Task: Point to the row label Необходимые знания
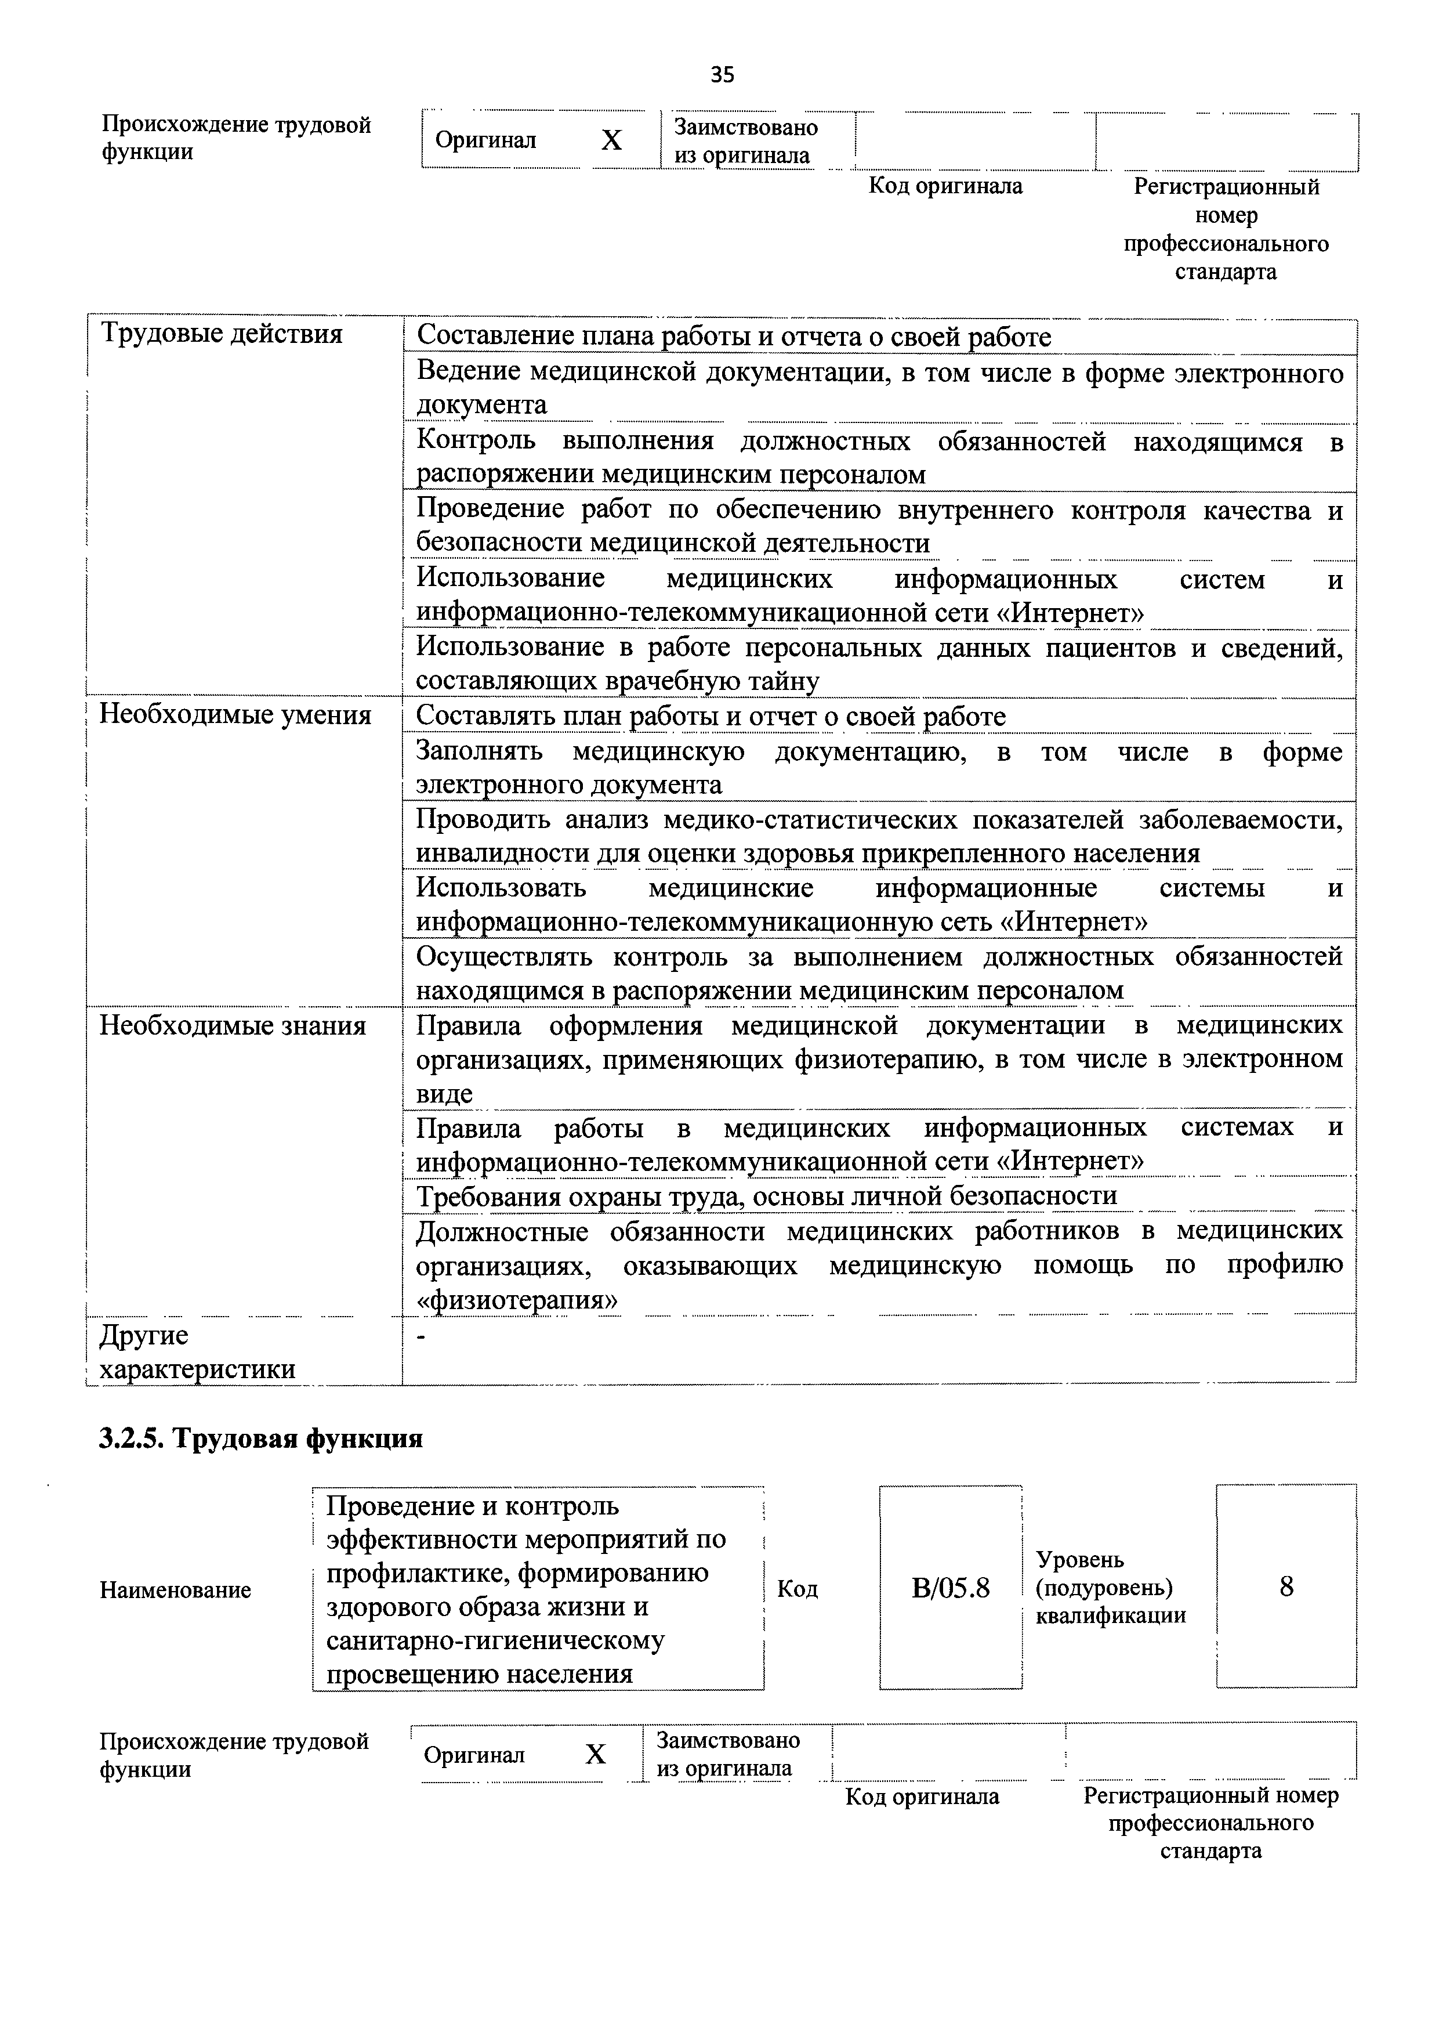(x=232, y=1025)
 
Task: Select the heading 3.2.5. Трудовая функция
(x=260, y=1438)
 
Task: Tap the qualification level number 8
(x=1286, y=1586)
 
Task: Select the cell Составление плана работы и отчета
(x=734, y=337)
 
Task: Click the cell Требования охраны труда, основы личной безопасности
(x=766, y=1197)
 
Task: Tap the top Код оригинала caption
(x=945, y=186)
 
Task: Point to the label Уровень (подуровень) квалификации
(x=1110, y=1588)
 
